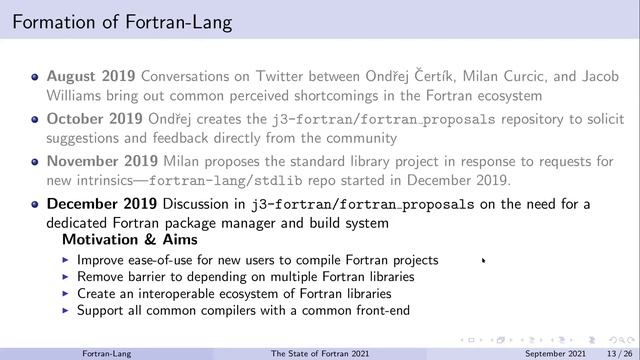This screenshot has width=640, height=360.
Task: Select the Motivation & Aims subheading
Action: click(129, 241)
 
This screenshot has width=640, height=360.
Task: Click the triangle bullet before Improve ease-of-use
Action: click(66, 260)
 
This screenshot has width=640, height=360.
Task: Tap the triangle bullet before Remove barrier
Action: click(66, 277)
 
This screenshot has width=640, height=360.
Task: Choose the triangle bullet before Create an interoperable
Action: click(66, 294)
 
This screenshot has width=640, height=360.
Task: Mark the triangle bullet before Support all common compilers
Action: click(66, 311)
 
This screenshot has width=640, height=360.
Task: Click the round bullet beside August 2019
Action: click(35, 76)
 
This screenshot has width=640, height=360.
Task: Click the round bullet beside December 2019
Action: click(35, 206)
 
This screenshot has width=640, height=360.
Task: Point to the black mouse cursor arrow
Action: click(483, 261)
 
